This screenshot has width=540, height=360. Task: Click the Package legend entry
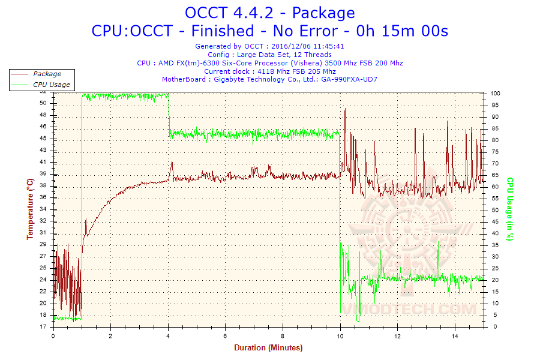tap(47, 74)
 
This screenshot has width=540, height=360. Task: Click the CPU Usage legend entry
tap(51, 85)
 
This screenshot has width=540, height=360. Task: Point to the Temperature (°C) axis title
tap(30, 209)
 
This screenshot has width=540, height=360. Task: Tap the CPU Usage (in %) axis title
tap(510, 209)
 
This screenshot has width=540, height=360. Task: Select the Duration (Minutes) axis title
tap(268, 347)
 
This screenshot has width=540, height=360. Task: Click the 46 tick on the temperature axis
tap(43, 127)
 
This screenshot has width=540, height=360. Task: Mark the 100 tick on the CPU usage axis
tap(496, 94)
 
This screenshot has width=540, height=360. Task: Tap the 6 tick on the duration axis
tap(225, 336)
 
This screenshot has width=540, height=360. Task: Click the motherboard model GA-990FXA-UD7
tap(349, 79)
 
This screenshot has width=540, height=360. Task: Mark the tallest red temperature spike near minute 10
tap(345, 109)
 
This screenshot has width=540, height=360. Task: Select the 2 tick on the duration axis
tap(110, 336)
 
